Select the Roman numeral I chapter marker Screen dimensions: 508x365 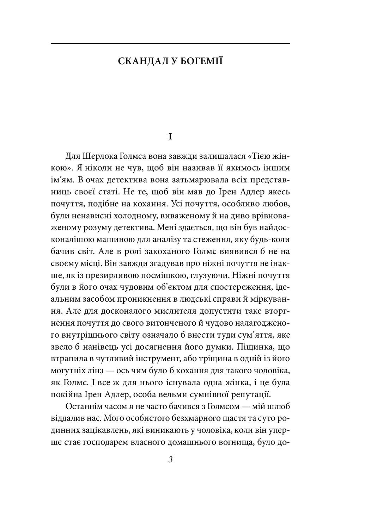(x=170, y=137)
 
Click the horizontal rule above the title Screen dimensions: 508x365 (x=170, y=43)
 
